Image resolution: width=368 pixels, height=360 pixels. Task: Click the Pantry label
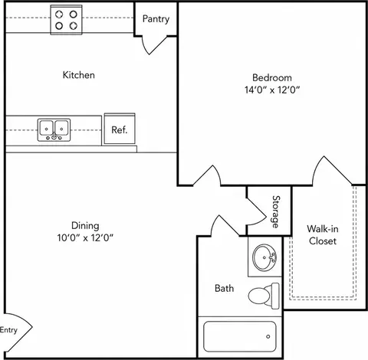point(156,19)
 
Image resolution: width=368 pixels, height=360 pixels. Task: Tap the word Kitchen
point(79,75)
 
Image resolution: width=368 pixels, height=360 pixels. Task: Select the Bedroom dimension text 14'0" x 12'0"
point(272,90)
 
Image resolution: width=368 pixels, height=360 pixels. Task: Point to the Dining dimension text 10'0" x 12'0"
point(85,237)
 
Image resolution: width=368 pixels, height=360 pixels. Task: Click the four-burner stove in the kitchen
point(67,20)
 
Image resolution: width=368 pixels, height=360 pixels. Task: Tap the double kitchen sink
point(54,129)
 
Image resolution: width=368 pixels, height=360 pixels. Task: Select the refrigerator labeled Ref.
point(120,129)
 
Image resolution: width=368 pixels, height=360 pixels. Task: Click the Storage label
point(276,211)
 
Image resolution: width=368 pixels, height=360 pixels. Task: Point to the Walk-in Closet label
point(323,234)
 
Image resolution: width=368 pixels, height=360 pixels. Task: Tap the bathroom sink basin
point(264,257)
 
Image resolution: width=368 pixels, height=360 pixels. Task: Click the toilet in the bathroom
point(264,296)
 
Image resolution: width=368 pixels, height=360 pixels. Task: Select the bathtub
point(240,336)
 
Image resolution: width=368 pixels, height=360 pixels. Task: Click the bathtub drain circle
point(268,336)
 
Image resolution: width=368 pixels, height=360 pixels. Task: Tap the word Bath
point(224,288)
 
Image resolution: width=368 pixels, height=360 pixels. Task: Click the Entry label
point(8,330)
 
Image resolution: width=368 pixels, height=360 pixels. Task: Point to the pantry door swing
point(153,46)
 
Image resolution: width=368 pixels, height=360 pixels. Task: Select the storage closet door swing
point(256,213)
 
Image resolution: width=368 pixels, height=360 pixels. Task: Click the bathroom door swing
point(225,225)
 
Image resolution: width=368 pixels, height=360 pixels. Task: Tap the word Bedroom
point(272,77)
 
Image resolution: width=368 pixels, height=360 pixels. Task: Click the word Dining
point(85,226)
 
